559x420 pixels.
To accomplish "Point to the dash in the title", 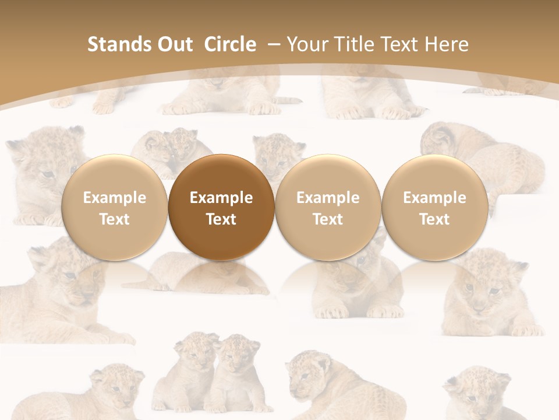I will [274, 44].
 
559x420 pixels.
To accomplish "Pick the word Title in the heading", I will [356, 44].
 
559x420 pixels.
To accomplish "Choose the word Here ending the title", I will [447, 44].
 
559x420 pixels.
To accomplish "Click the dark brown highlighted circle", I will [221, 207].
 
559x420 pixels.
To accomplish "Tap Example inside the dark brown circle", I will [221, 198].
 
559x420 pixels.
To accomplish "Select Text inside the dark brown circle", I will [221, 219].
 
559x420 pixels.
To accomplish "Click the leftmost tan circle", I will [114, 207].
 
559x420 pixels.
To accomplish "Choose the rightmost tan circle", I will [435, 207].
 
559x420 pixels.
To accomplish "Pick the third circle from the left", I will [328, 207].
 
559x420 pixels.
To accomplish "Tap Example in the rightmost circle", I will [435, 198].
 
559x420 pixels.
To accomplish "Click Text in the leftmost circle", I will [114, 219].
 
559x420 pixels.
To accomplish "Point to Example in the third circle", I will [328, 198].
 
